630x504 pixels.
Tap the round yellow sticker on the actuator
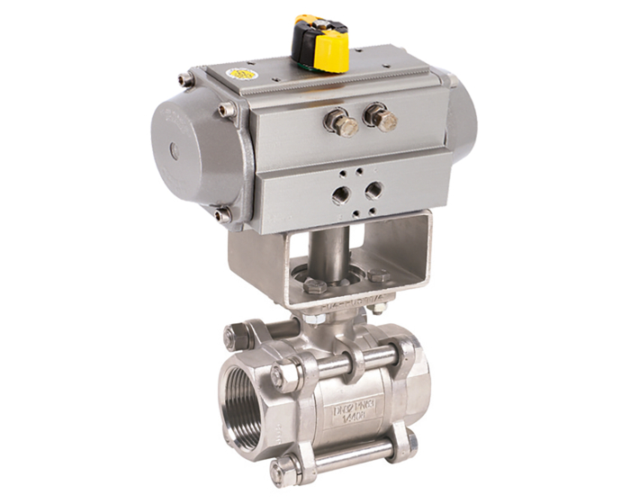240,73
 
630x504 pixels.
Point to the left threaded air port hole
341,193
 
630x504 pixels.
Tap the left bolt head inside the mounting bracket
316,286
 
